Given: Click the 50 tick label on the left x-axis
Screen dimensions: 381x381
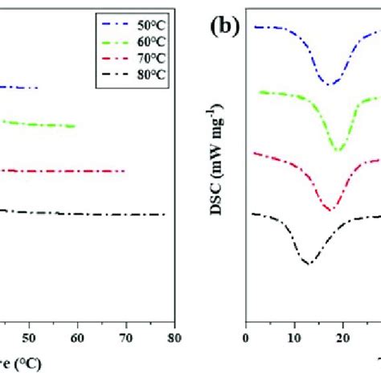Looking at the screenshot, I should pyautogui.click(x=30, y=338).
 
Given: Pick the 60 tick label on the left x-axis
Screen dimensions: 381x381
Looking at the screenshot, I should pyautogui.click(x=78, y=338).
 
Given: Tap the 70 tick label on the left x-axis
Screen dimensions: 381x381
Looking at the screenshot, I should pyautogui.click(x=126, y=338).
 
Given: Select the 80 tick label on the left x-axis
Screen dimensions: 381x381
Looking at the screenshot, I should pyautogui.click(x=174, y=338).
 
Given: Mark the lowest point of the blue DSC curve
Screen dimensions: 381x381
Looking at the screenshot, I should pyautogui.click(x=329, y=83).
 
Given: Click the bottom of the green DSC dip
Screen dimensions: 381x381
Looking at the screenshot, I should pyautogui.click(x=338, y=150).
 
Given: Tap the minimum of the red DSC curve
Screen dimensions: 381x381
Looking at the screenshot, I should pyautogui.click(x=329, y=210).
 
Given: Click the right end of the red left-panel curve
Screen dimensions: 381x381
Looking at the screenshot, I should pyautogui.click(x=125, y=171).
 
